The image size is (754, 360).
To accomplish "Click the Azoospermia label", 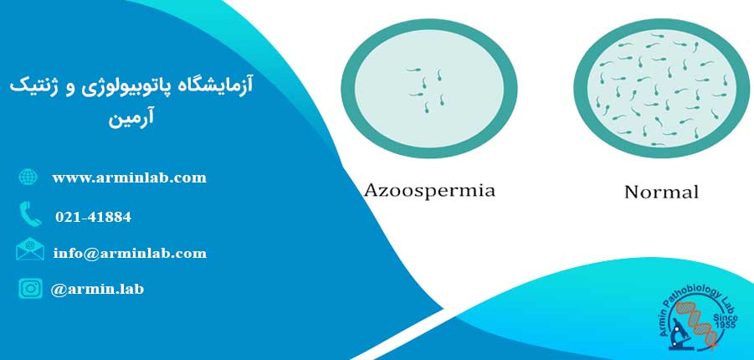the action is tap(429, 191).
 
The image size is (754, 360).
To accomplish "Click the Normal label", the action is tap(661, 193).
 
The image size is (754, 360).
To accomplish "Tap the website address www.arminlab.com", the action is tap(130, 178).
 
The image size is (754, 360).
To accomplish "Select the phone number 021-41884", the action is tap(93, 217).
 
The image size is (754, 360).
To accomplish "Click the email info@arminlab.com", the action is tap(130, 253).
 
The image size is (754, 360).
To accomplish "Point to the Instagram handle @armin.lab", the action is tap(97, 289).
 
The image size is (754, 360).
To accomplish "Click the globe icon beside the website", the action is tap(28, 177).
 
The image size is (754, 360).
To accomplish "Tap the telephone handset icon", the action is tap(30, 214).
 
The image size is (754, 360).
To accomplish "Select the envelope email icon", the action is tap(30, 249).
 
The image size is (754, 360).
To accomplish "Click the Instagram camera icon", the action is tap(30, 288).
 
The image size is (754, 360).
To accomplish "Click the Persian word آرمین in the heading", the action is tap(131, 118).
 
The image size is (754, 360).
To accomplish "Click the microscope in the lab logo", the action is tap(681, 333).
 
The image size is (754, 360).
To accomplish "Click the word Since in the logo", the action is tap(724, 318).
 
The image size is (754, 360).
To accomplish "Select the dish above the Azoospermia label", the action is tap(429, 89).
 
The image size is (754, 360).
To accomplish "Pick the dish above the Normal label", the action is tap(661, 89).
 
